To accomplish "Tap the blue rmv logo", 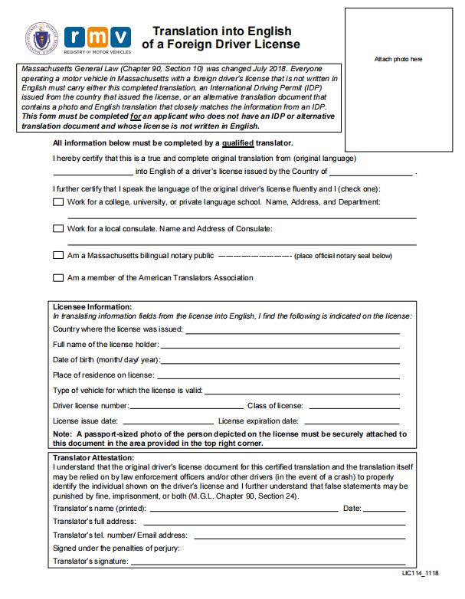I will [x=99, y=37].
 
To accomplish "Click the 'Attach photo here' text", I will [x=398, y=59].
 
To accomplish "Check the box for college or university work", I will [x=58, y=202].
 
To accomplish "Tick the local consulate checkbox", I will [x=58, y=228].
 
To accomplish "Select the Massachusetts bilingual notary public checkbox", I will [x=58, y=255].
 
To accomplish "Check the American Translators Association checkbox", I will [x=58, y=278].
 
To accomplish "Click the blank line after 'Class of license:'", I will [x=353, y=405].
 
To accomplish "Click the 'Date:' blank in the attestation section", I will [x=385, y=509].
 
